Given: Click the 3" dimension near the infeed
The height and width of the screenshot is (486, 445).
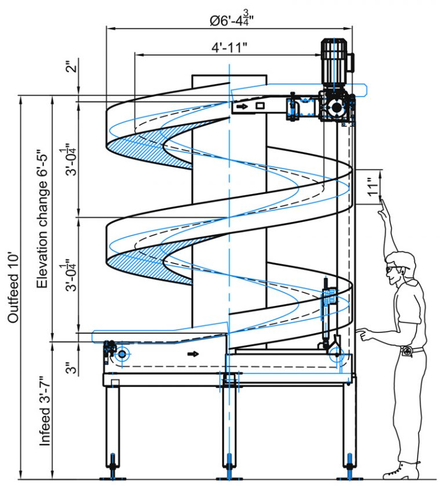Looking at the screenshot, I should coord(70,368).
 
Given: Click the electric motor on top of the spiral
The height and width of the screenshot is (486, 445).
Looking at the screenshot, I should coord(336,61).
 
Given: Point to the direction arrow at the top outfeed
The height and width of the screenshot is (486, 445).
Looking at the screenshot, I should coord(241,107).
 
